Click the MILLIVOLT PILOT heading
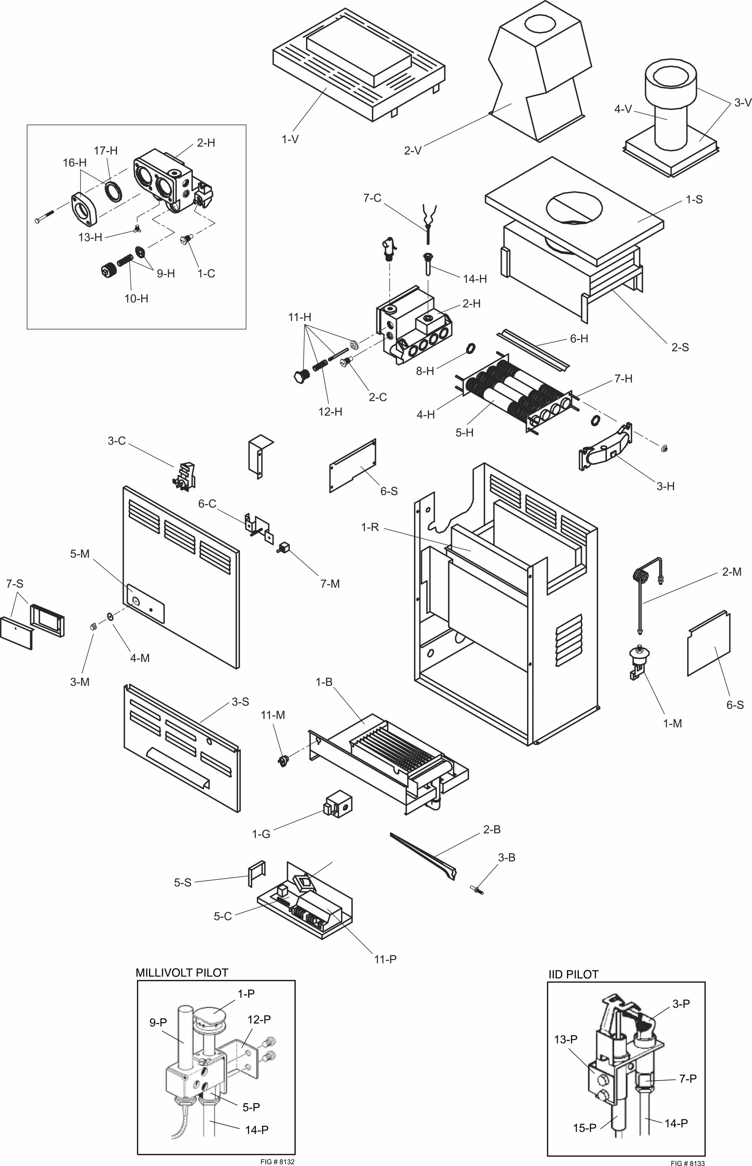(181, 972)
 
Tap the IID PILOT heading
(573, 974)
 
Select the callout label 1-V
(290, 139)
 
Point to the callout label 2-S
(680, 347)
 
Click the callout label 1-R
(370, 527)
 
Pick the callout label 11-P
(385, 959)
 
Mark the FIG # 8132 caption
(278, 1161)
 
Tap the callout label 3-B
(506, 858)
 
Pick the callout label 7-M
(330, 584)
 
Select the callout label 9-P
(158, 1022)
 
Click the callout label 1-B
(324, 682)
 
